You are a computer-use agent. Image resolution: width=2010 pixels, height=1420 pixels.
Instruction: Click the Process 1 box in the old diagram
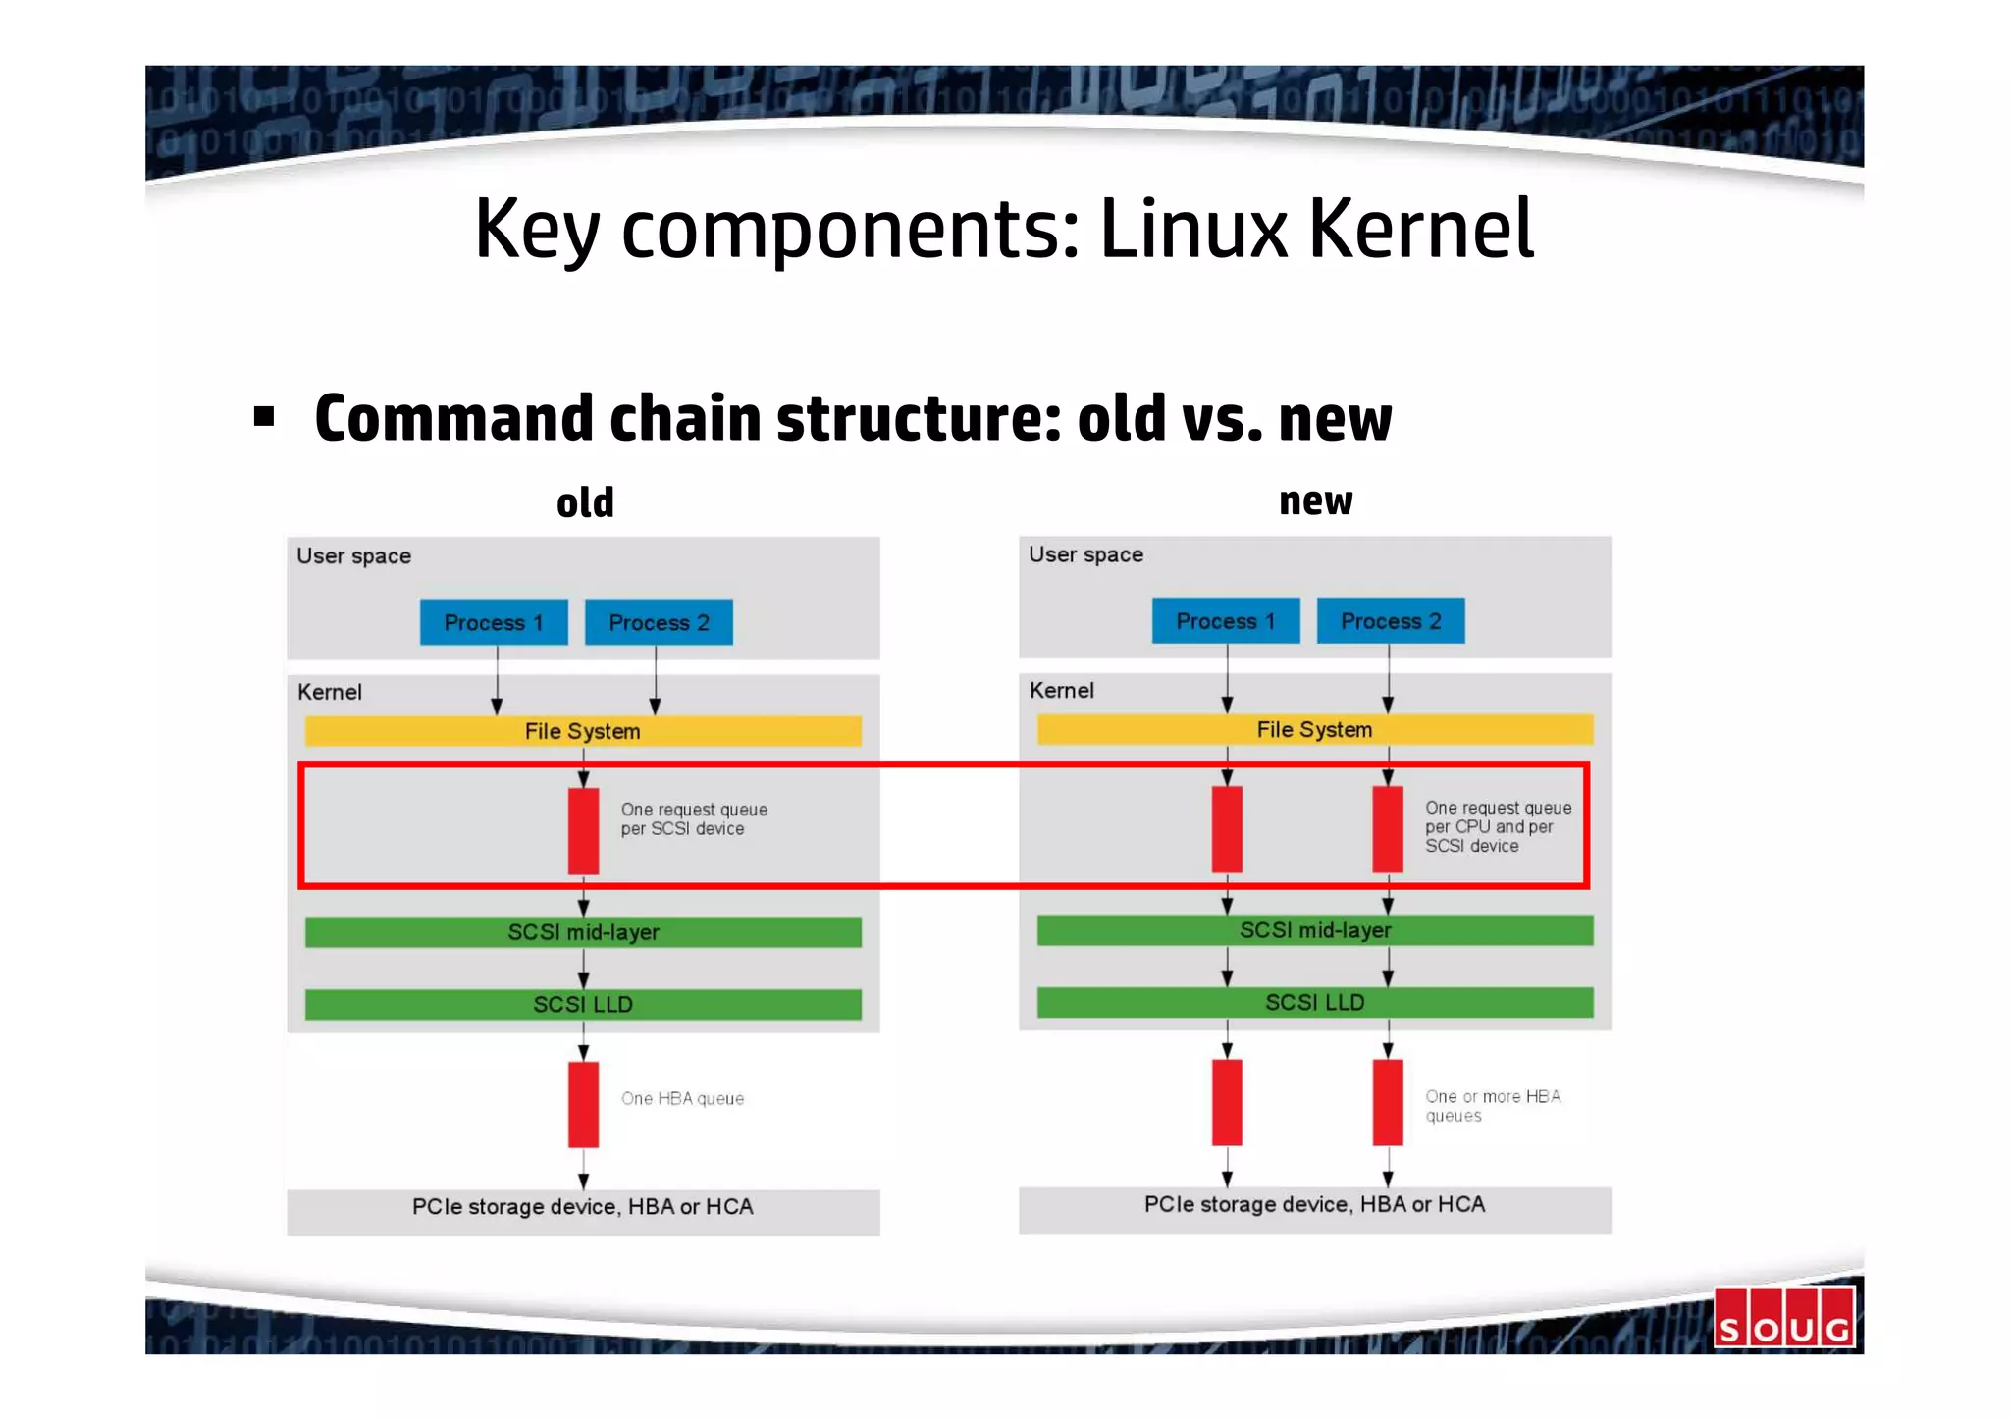[x=494, y=622]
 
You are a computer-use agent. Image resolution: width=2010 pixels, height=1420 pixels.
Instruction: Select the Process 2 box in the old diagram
[x=659, y=622]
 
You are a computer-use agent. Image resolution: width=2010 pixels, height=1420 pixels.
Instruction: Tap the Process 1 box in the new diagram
[x=1226, y=621]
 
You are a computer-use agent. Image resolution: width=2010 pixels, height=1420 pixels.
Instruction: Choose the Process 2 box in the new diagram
[x=1391, y=621]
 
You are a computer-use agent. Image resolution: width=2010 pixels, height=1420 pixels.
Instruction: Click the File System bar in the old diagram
[x=583, y=731]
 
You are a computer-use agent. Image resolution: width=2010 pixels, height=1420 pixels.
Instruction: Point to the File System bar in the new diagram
[x=1315, y=729]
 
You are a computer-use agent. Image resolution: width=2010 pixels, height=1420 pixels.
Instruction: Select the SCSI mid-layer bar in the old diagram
[x=583, y=932]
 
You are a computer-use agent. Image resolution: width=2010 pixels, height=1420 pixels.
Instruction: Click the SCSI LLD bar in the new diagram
[x=1315, y=1002]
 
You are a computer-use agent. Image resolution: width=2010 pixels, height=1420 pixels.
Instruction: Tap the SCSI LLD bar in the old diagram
[x=583, y=1004]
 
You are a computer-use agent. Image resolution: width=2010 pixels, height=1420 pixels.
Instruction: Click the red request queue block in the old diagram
[x=584, y=830]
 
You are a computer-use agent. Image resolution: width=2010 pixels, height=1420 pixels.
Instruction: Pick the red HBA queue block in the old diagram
[x=584, y=1104]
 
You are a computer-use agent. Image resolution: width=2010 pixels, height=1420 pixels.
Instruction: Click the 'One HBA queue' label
[x=683, y=1099]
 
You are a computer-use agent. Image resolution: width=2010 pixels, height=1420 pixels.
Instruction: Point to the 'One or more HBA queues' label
[x=1493, y=1106]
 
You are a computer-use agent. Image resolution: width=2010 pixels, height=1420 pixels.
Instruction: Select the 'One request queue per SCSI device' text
[x=694, y=819]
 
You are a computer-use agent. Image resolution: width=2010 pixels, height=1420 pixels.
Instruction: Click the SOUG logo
[x=1784, y=1318]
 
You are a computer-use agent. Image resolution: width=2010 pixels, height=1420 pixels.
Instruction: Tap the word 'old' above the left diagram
[x=585, y=503]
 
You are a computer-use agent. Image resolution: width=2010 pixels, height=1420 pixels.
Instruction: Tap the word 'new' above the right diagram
[x=1315, y=501]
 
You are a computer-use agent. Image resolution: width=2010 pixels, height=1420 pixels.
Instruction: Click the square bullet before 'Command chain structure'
[x=264, y=417]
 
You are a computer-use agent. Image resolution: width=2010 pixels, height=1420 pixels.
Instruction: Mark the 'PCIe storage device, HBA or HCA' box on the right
[x=1315, y=1209]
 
